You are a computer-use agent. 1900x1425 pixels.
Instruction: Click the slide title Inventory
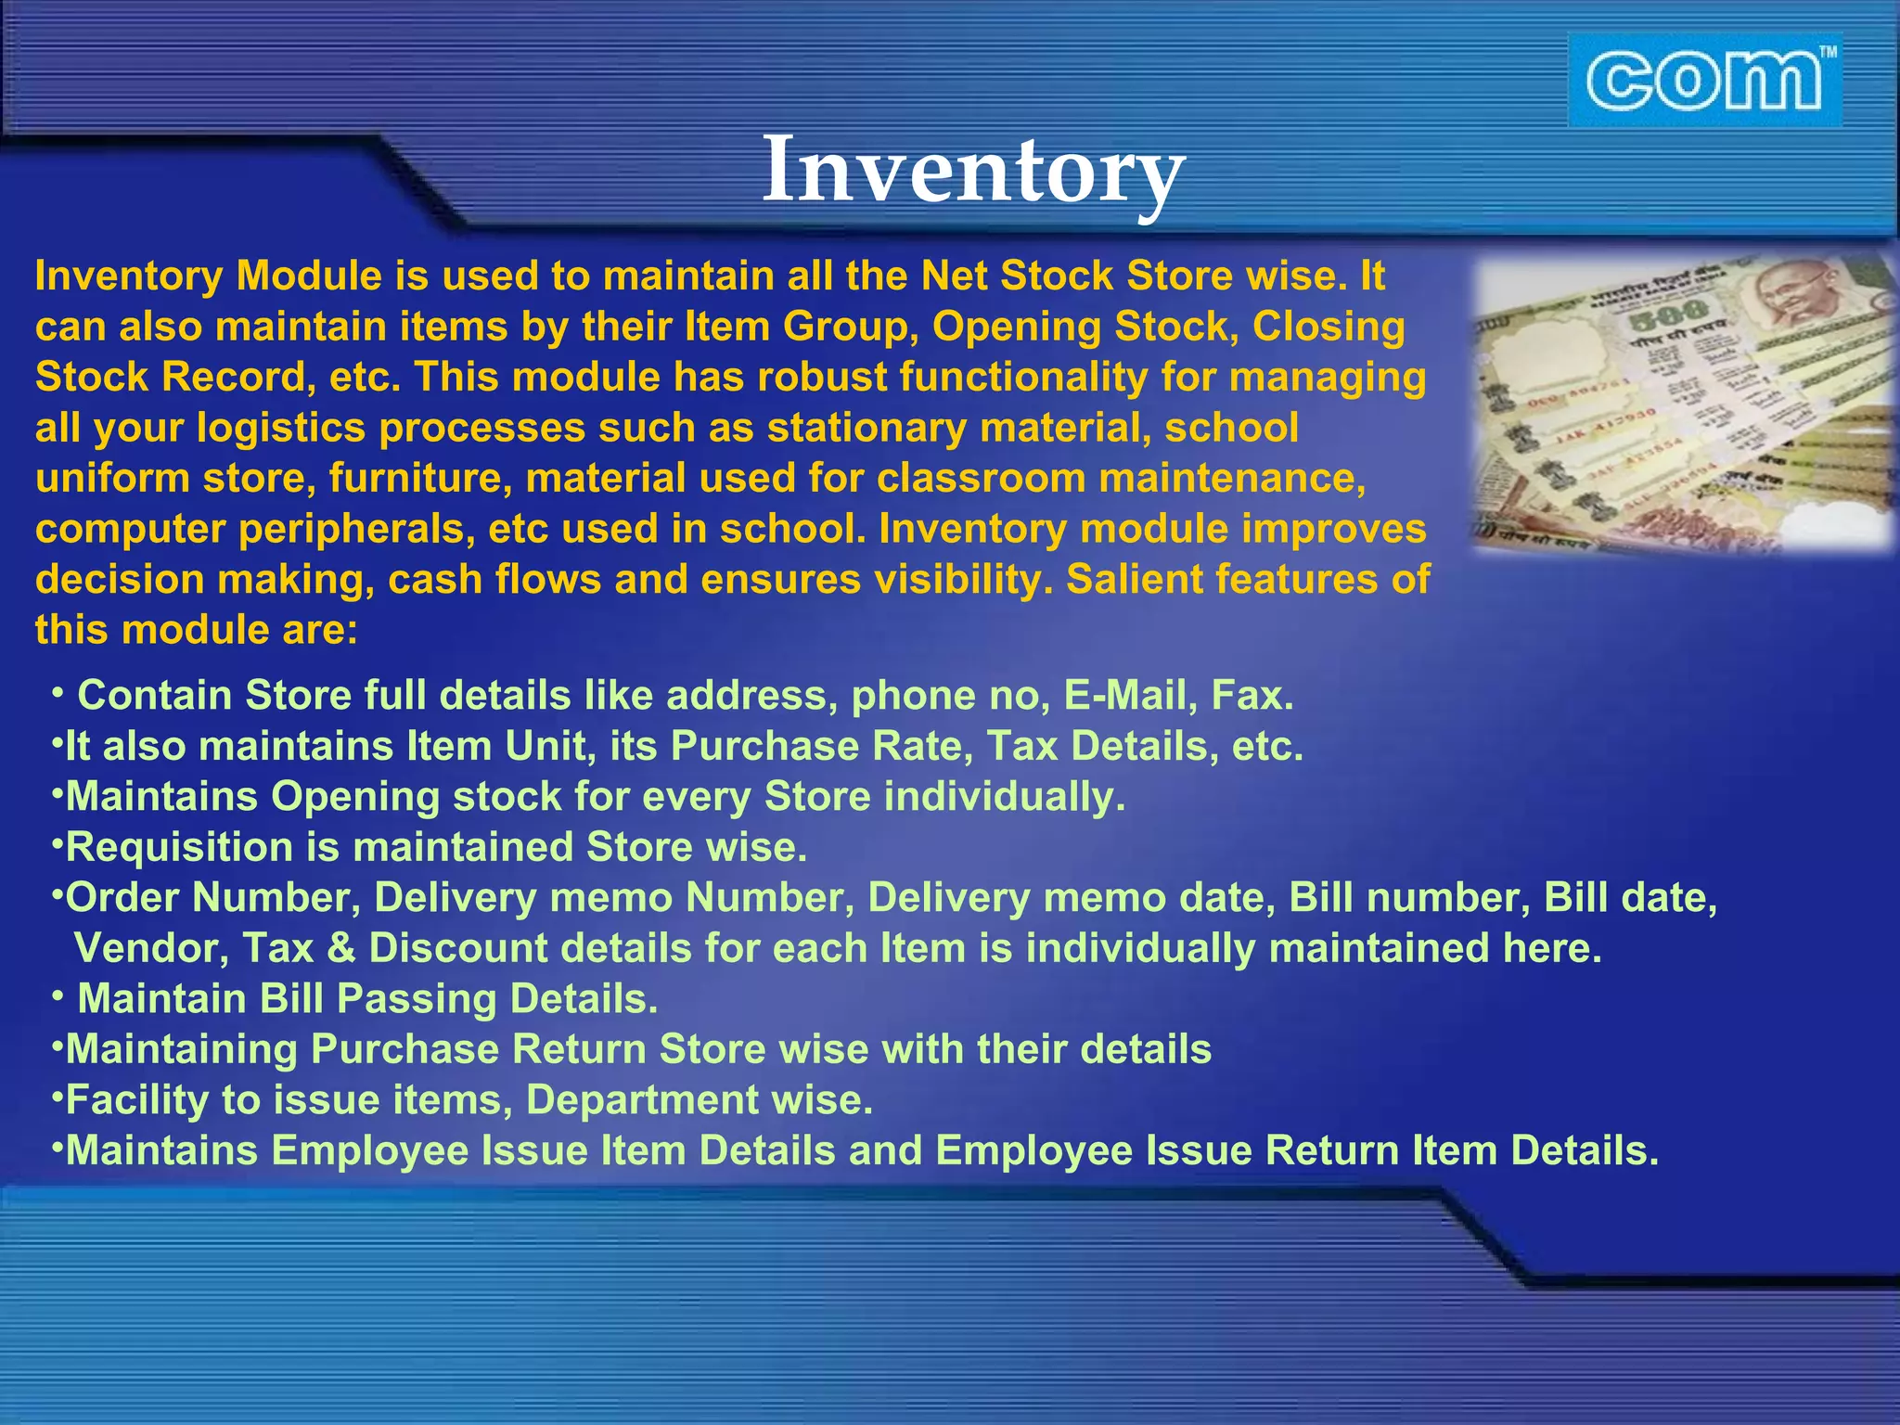tap(973, 171)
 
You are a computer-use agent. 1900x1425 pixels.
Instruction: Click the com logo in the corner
tap(1703, 82)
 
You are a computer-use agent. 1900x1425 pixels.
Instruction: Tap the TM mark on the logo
tap(1827, 53)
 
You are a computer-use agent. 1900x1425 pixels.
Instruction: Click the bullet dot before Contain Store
tap(58, 692)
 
